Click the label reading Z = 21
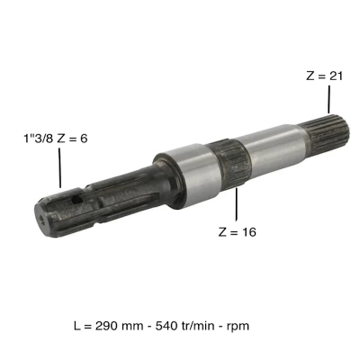pos(324,76)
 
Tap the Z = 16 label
pos(237,232)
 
